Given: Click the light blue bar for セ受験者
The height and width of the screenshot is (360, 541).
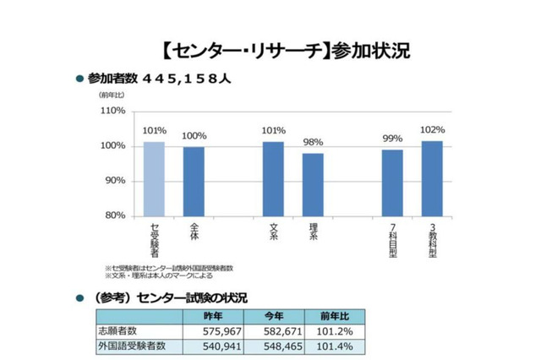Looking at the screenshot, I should pyautogui.click(x=154, y=178).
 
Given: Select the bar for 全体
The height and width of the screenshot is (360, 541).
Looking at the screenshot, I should pyautogui.click(x=194, y=181).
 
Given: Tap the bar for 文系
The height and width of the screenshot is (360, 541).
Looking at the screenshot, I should pyautogui.click(x=273, y=178).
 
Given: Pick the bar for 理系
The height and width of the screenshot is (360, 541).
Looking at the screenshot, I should pyautogui.click(x=313, y=183).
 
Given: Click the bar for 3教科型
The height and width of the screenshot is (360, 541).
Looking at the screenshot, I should pyautogui.click(x=431, y=177).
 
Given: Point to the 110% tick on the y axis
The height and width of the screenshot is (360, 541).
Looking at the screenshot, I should pyautogui.click(x=112, y=112).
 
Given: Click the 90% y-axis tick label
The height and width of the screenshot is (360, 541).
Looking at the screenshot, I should pyautogui.click(x=114, y=181).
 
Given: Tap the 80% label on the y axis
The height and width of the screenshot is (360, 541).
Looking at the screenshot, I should pyautogui.click(x=114, y=215).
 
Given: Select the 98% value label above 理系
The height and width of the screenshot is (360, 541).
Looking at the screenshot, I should pyautogui.click(x=313, y=143).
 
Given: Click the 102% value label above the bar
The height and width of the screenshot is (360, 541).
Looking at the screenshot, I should pyautogui.click(x=431, y=130).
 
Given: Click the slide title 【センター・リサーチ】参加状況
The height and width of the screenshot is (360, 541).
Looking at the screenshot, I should pyautogui.click(x=282, y=50).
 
